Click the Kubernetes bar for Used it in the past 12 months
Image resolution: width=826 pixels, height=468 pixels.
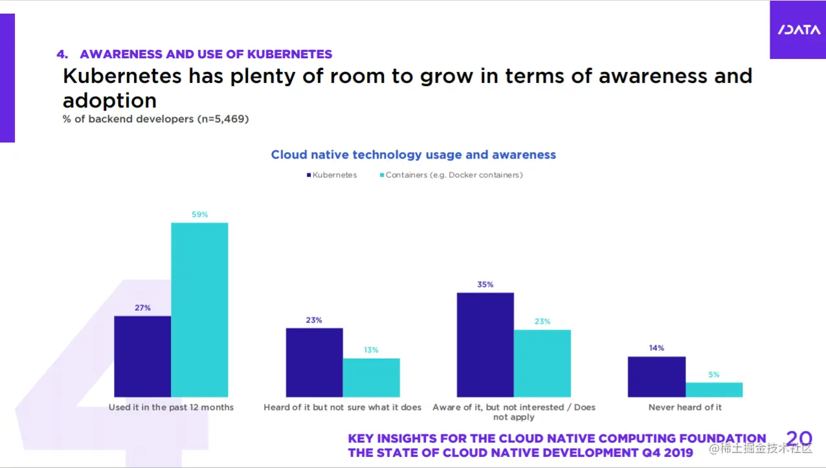pyautogui.click(x=142, y=356)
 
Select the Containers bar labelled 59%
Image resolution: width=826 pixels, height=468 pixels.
pyautogui.click(x=199, y=309)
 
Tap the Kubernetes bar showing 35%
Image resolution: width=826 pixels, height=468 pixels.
pyautogui.click(x=485, y=344)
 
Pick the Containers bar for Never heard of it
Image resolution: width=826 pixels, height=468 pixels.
pyautogui.click(x=714, y=390)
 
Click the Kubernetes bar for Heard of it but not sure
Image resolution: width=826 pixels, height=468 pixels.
pyautogui.click(x=314, y=362)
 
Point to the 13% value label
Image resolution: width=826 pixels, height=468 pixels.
pyautogui.click(x=371, y=350)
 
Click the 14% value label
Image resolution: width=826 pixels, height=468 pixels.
pyautogui.click(x=656, y=348)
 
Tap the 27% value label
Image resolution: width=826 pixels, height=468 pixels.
pyautogui.click(x=142, y=308)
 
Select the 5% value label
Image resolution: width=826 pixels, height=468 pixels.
pyautogui.click(x=713, y=375)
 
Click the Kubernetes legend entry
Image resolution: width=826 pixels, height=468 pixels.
pyautogui.click(x=331, y=175)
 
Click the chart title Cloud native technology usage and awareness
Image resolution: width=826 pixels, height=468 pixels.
pyautogui.click(x=413, y=155)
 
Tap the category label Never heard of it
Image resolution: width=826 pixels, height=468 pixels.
pyautogui.click(x=685, y=407)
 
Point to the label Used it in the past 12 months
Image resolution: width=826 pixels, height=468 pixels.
pyautogui.click(x=171, y=407)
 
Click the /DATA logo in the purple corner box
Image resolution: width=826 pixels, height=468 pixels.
pyautogui.click(x=798, y=30)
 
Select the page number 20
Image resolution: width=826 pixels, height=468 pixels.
pyautogui.click(x=798, y=439)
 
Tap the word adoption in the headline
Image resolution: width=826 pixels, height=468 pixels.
pyautogui.click(x=109, y=100)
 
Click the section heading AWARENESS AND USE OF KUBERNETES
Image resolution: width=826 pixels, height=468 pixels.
pyautogui.click(x=206, y=54)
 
